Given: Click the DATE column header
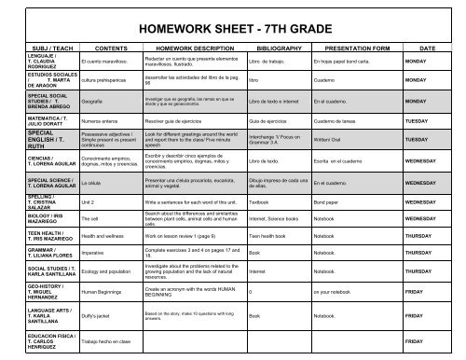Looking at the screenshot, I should click(x=428, y=46).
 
